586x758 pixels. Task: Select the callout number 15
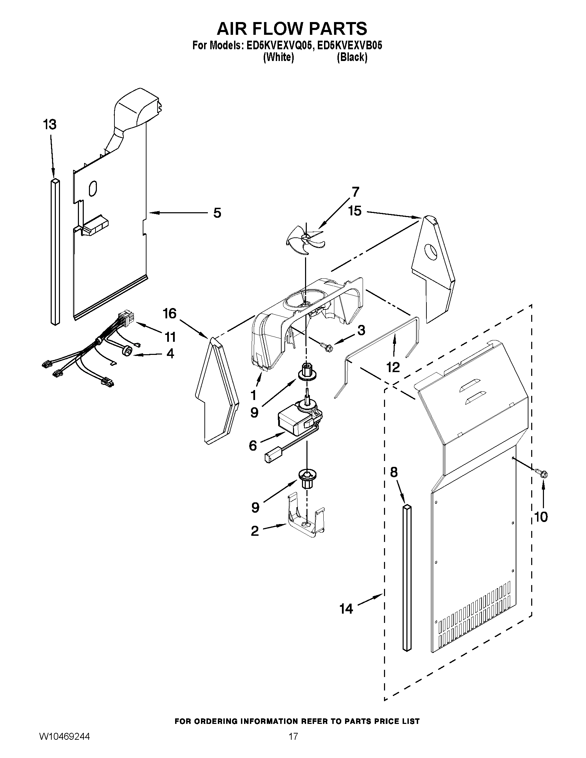click(355, 211)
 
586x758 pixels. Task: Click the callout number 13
click(50, 124)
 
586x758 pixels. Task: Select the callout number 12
click(393, 367)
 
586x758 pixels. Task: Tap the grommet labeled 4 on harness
click(128, 351)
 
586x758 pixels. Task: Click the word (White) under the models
click(279, 57)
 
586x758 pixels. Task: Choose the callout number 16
click(170, 314)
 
